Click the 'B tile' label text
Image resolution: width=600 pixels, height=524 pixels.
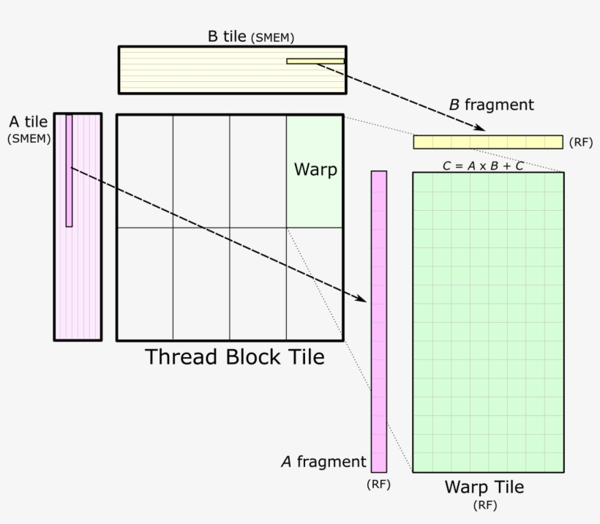pos(227,36)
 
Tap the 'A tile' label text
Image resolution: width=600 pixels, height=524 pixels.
pos(29,122)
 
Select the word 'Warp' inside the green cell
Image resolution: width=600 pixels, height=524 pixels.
pos(315,170)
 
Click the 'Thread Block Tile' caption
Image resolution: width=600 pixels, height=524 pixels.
pos(234,357)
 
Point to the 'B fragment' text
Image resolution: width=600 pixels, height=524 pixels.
pos(491,105)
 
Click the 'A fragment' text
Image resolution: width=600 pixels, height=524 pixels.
pos(323,462)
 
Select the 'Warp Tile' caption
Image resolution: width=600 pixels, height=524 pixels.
pos(484,487)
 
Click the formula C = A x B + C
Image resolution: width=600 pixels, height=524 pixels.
pos(482,166)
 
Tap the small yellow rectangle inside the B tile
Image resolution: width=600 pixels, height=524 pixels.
pos(315,61)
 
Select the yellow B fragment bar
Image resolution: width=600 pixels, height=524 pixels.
pos(487,142)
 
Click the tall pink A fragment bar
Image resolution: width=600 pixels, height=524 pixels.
pos(378,322)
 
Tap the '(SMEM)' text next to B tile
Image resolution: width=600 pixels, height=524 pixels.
pos(272,38)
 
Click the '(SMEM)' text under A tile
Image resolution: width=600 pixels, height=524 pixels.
pos(29,138)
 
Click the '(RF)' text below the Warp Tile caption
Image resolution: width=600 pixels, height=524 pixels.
pos(484,504)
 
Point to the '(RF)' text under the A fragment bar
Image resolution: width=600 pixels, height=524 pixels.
pos(378,484)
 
